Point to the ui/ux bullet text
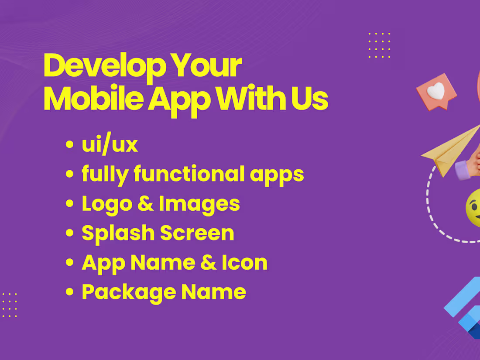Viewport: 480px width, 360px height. pyautogui.click(x=110, y=145)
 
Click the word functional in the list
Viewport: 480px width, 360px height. pyautogui.click(x=189, y=174)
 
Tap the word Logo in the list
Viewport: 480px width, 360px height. pyautogui.click(x=106, y=204)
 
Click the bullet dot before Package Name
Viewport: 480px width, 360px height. pyautogui.click(x=69, y=292)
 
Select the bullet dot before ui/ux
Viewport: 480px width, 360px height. pyautogui.click(x=69, y=146)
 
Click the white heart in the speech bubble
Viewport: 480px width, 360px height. pyautogui.click(x=435, y=91)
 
